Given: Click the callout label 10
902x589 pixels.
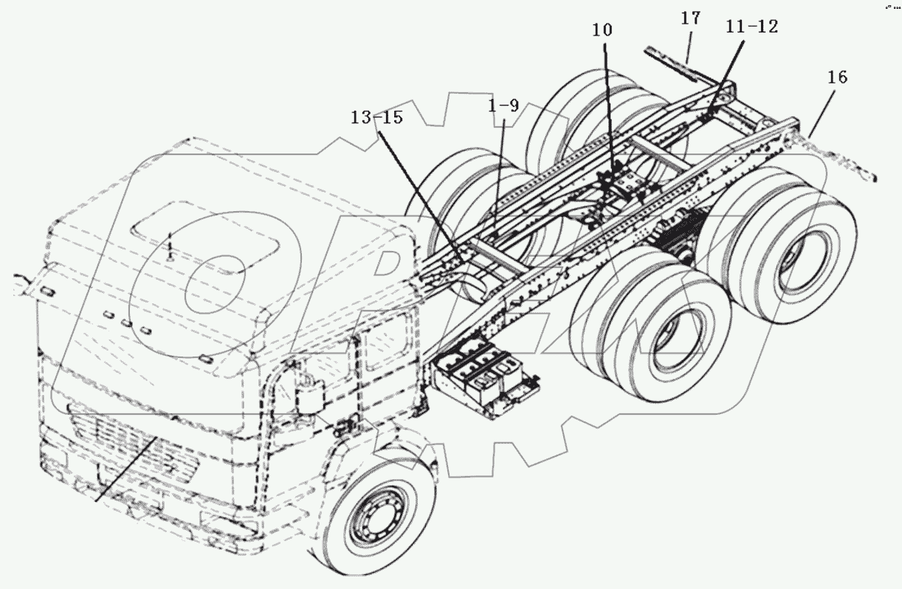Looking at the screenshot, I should (x=602, y=31).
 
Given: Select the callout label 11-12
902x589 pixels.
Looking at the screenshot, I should (x=751, y=27).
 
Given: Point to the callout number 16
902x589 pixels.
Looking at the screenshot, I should (x=838, y=77).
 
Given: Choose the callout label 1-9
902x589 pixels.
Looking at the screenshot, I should (x=503, y=106).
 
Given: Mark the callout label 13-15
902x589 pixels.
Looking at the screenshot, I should (x=376, y=117).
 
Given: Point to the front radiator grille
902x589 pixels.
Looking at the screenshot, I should (x=133, y=443).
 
